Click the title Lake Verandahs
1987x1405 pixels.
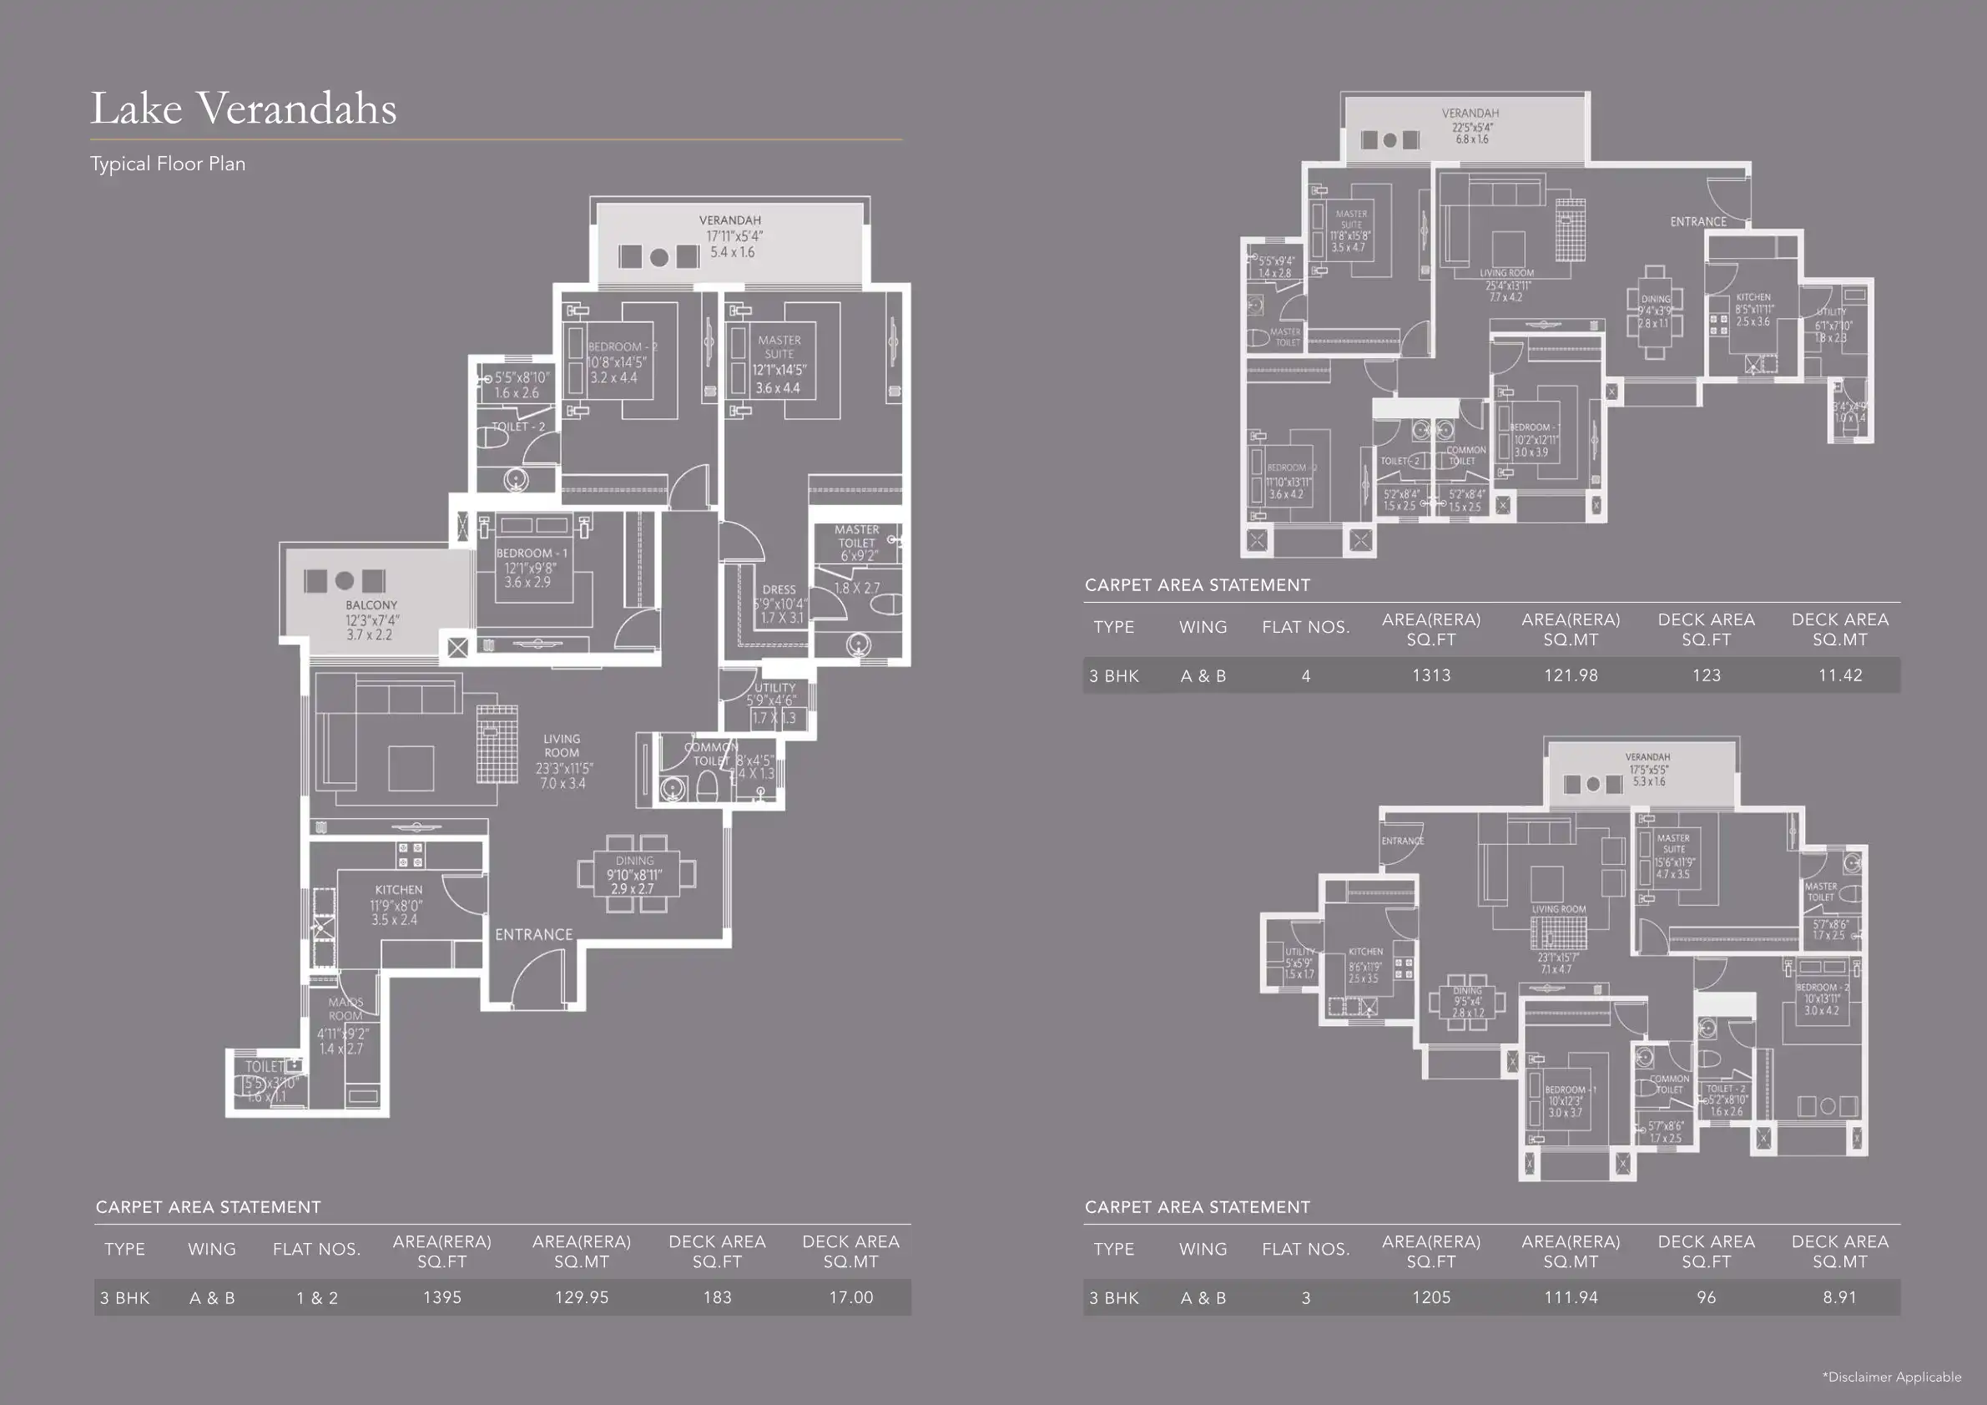coord(243,109)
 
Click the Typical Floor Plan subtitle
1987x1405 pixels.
coord(168,164)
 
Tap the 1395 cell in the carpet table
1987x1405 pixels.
coord(441,1297)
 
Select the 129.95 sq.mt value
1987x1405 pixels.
coord(582,1297)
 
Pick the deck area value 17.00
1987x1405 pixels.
coord(850,1297)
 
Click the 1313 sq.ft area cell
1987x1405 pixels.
coord(1430,675)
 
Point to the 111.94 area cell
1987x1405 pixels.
coord(1570,1297)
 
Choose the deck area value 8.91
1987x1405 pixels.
coord(1839,1297)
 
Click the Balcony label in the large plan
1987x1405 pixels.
coord(371,605)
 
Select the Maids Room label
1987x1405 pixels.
coord(345,1009)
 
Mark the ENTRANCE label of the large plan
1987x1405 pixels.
coord(533,935)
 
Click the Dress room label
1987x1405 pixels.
coord(779,589)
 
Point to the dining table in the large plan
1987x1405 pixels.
coord(635,874)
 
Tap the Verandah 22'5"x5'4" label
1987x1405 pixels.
coord(1470,125)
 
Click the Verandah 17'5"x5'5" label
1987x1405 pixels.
coord(1647,769)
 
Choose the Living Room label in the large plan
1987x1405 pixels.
coord(562,745)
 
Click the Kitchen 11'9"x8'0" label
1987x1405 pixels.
coord(398,904)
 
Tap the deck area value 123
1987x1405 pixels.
coord(1706,675)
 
